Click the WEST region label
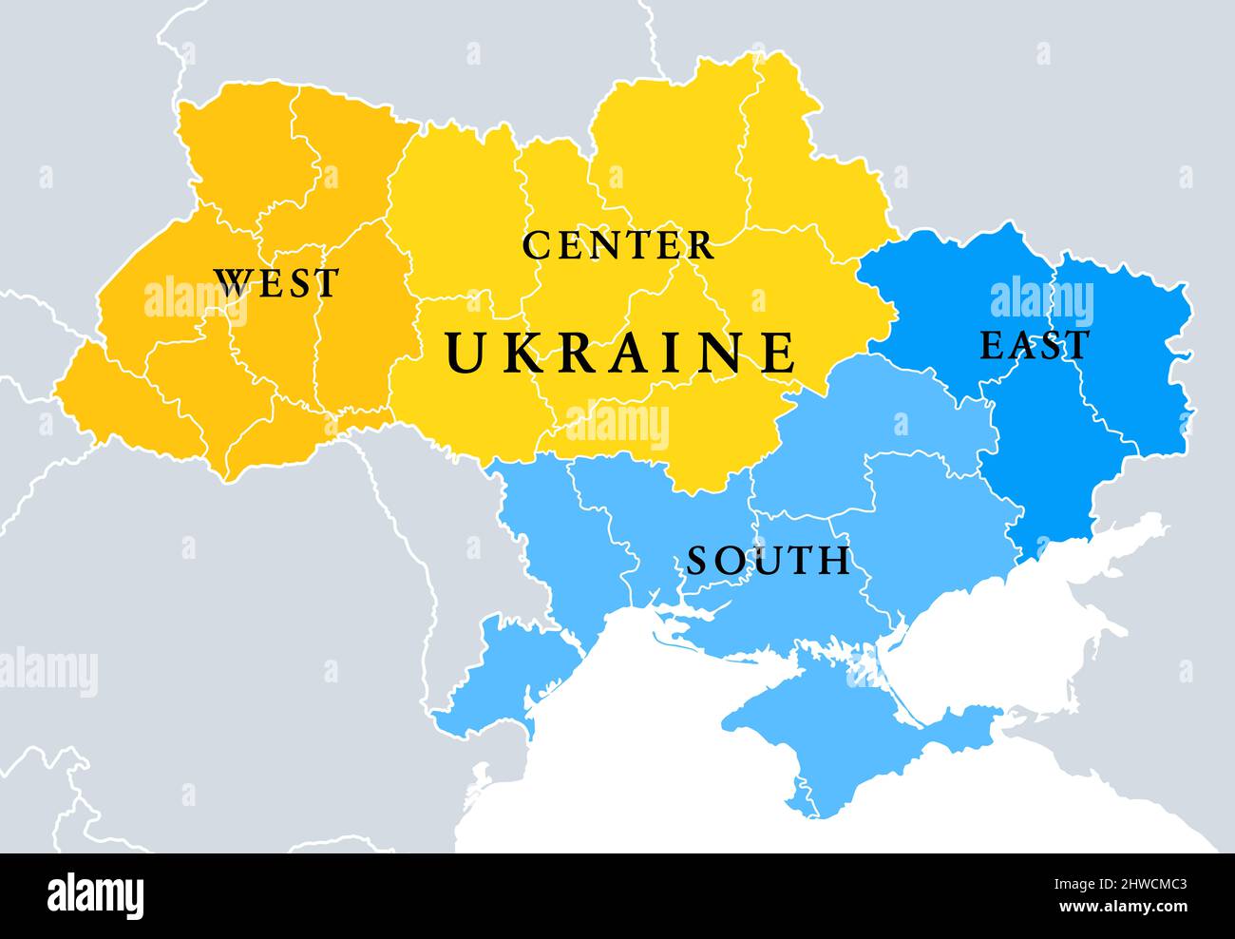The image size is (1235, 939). [275, 283]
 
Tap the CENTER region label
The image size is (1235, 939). [617, 245]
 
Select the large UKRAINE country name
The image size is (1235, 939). [621, 352]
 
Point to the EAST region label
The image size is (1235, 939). [1034, 346]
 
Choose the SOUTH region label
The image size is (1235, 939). [769, 561]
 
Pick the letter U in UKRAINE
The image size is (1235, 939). [465, 352]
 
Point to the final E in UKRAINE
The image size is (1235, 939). [779, 352]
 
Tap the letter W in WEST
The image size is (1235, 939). [231, 283]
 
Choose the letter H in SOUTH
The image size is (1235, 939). [836, 561]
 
